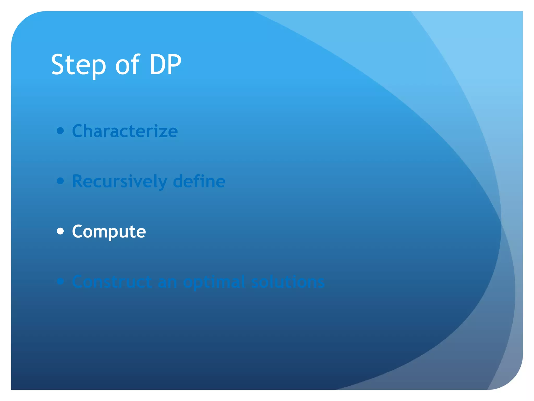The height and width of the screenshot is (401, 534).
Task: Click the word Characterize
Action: pyautogui.click(x=125, y=131)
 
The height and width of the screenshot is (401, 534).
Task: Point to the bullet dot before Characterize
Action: pyautogui.click(x=60, y=131)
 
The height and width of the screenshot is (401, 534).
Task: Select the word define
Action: pyautogui.click(x=199, y=181)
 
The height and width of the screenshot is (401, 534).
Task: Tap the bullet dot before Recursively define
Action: pyautogui.click(x=60, y=181)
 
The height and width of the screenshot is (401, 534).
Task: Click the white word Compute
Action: pyautogui.click(x=109, y=232)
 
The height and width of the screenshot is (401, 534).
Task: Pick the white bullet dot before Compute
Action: pyautogui.click(x=60, y=231)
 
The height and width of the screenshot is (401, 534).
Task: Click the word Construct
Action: pyautogui.click(x=112, y=282)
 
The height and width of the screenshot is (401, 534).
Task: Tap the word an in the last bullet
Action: pyautogui.click(x=167, y=282)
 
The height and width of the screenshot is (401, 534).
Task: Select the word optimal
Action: pyautogui.click(x=214, y=282)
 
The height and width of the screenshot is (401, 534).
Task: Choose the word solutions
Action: pyautogui.click(x=288, y=282)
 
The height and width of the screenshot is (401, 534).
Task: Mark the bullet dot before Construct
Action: pyautogui.click(x=60, y=281)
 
